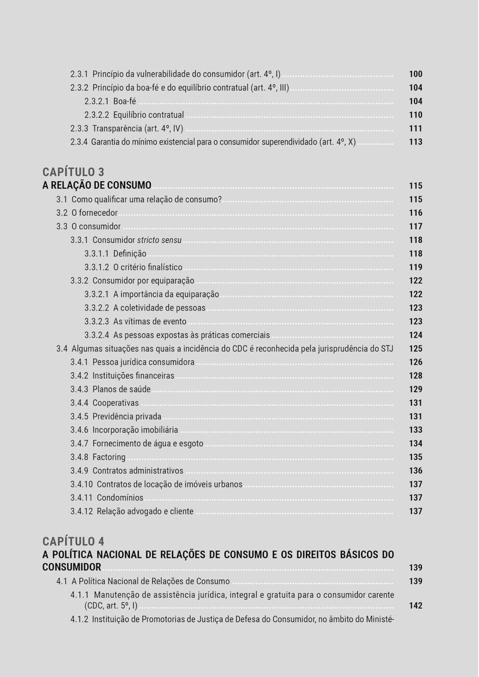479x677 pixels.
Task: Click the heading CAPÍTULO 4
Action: [73, 541]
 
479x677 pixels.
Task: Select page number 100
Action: [416, 74]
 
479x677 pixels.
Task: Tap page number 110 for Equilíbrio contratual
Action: [416, 115]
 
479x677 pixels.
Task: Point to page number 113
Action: [416, 142]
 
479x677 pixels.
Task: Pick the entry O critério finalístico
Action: [147, 267]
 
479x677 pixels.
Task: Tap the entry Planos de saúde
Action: [121, 389]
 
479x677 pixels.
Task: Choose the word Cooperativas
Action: [116, 403]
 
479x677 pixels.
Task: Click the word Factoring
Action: [109, 458]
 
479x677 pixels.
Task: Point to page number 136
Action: [416, 471]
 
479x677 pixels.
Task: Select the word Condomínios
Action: [118, 498]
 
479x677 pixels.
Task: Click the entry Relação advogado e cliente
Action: [145, 511]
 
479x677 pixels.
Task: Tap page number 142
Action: [416, 606]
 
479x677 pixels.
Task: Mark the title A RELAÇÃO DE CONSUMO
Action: [96, 185]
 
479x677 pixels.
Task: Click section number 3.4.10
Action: [81, 485]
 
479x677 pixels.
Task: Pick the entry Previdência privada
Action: [126, 417]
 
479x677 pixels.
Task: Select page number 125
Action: [416, 348]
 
